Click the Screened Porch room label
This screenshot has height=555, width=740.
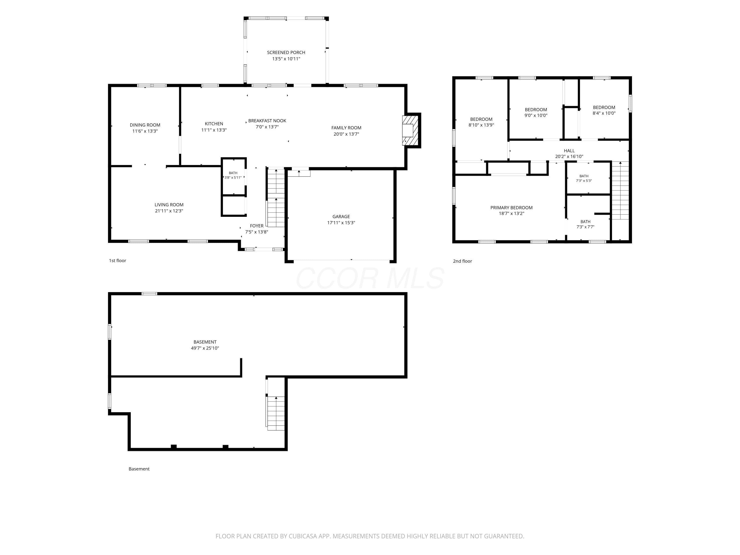pyautogui.click(x=286, y=53)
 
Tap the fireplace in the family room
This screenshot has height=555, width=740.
pyautogui.click(x=410, y=130)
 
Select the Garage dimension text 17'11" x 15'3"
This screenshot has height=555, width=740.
pyautogui.click(x=341, y=223)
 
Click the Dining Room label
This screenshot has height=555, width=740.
pyautogui.click(x=145, y=125)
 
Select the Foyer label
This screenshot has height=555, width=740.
pyautogui.click(x=257, y=226)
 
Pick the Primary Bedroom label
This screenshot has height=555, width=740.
pyautogui.click(x=511, y=208)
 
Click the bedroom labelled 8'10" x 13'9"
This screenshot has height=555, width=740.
pyautogui.click(x=481, y=122)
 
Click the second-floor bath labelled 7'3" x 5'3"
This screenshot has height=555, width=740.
pyautogui.click(x=584, y=178)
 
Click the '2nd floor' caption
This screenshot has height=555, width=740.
pyautogui.click(x=462, y=261)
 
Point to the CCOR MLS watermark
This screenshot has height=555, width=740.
pyautogui.click(x=370, y=278)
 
